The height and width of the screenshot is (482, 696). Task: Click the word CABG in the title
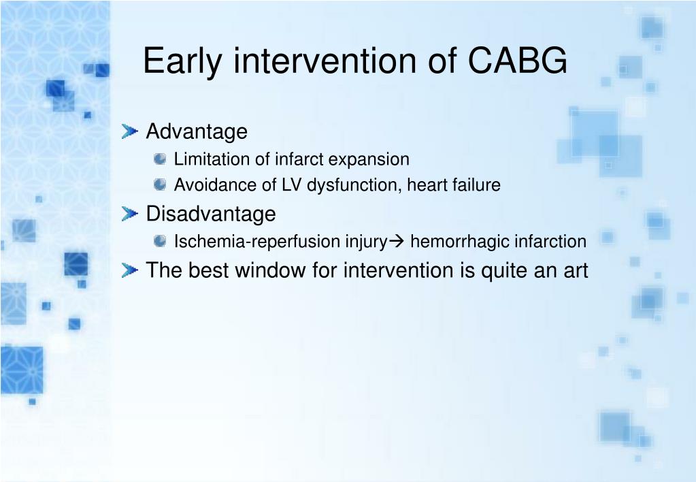517,60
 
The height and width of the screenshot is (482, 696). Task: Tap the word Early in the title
182,62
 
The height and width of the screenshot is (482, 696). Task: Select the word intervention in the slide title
325,60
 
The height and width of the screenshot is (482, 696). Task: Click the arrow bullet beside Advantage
130,131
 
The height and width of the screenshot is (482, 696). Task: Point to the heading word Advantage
197,132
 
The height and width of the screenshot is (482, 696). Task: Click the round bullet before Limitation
160,159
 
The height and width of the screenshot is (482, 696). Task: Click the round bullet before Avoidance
160,184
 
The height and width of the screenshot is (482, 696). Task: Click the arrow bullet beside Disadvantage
130,214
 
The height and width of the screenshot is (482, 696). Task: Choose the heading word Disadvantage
211,214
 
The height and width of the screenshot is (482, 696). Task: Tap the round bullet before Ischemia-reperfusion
160,241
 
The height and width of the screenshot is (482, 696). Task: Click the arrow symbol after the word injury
397,242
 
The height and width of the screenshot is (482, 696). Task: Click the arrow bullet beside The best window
130,270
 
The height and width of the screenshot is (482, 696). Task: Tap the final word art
576,271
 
